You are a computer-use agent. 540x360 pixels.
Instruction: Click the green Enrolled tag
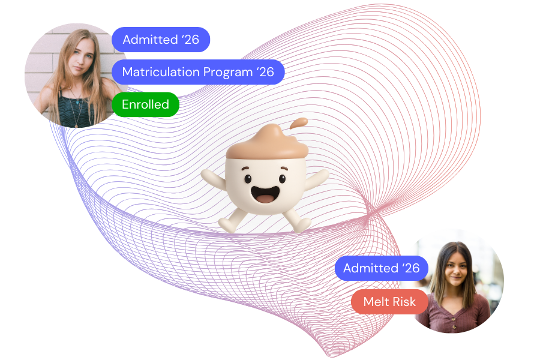click(145, 104)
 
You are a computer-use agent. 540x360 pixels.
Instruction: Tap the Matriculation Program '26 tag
click(198, 72)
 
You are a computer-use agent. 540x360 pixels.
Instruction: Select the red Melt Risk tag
click(389, 302)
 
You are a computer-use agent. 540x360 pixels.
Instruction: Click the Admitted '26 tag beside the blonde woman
click(161, 40)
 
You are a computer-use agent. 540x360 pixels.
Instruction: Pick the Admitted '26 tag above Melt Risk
click(381, 268)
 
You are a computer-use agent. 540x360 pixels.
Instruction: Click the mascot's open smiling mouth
click(264, 194)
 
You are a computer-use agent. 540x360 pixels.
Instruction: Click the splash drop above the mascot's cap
click(299, 123)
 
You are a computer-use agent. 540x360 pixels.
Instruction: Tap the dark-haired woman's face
click(457, 267)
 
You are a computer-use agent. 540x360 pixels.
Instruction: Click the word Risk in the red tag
click(404, 302)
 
